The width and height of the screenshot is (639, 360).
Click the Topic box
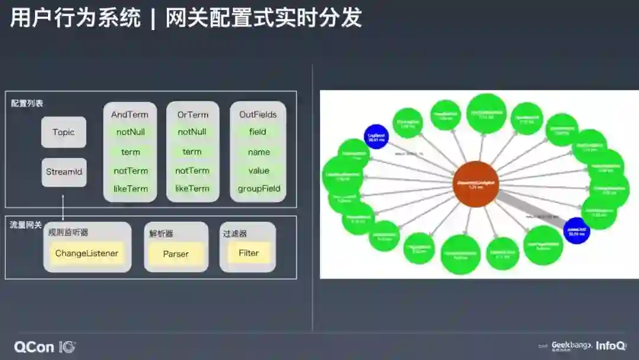coord(63,132)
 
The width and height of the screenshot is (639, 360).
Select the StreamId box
coord(63,172)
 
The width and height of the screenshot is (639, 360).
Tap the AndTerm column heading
coord(130,114)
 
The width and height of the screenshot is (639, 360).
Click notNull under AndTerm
coord(130,132)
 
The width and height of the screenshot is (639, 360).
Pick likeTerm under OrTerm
coord(192,188)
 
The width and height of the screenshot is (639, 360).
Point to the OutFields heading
coord(258,114)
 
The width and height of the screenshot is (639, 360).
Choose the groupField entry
coord(259,188)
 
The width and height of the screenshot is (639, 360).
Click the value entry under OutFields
coord(259,171)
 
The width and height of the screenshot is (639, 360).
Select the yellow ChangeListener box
coord(87,253)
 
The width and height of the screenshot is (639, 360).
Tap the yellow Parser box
coord(176,254)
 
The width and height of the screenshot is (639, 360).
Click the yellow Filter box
coord(248,253)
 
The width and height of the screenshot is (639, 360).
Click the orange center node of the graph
coord(476,184)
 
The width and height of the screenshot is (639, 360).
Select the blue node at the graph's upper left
coord(376,137)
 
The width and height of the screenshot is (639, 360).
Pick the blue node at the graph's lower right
coord(576,230)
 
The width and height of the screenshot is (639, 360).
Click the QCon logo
coord(45,347)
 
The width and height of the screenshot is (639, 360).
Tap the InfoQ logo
coord(611,346)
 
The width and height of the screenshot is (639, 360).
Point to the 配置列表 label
coord(27,103)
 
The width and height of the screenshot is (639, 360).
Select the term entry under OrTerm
coord(192,152)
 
